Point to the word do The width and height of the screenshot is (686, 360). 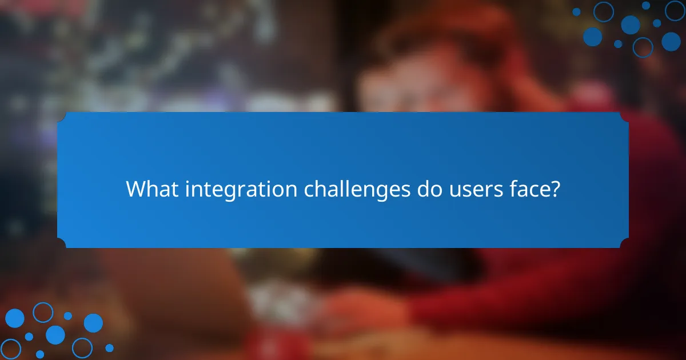(425, 189)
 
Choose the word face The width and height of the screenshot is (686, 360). (529, 189)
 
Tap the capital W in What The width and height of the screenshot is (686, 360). (136, 189)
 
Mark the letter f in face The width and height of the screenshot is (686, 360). (512, 189)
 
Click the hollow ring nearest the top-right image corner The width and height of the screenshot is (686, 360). (675, 10)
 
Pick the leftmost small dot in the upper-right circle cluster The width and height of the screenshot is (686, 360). (576, 11)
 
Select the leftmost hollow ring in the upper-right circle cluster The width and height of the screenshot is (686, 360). (603, 11)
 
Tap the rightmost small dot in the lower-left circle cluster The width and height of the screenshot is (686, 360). (109, 348)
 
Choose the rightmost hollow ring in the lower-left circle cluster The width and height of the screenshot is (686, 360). (82, 348)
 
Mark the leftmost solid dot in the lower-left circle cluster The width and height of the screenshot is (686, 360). (14, 318)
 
